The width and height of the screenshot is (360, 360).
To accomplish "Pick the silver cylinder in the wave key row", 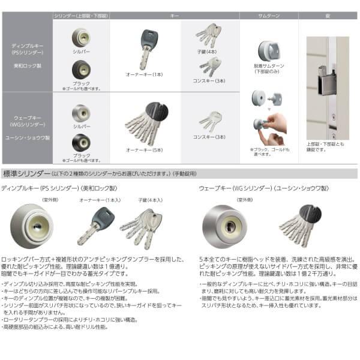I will click(80, 113).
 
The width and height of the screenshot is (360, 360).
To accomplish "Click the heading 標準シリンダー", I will click(28, 174).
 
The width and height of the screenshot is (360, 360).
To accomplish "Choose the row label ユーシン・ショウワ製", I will click(26, 137).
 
